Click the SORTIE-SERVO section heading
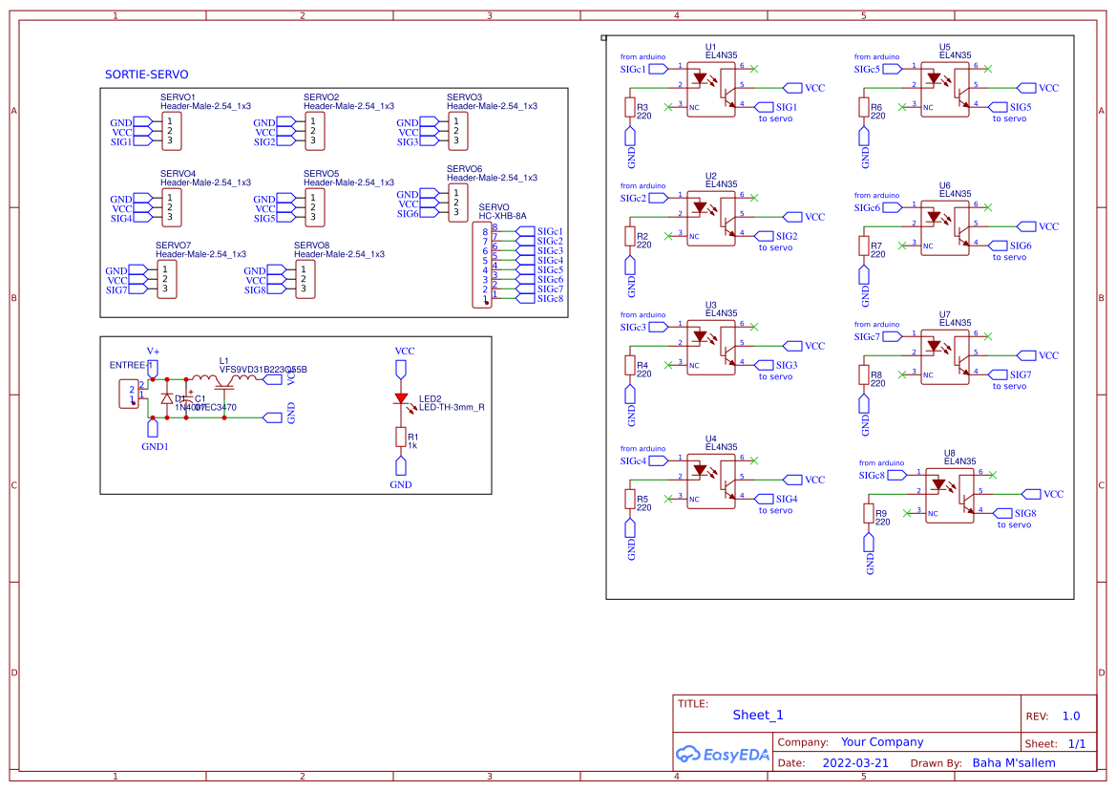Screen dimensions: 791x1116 coord(146,75)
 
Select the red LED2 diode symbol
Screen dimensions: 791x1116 coord(401,400)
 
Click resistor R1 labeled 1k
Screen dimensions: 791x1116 coord(401,437)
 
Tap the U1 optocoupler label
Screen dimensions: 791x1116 coord(710,47)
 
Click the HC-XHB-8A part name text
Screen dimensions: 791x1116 coord(502,217)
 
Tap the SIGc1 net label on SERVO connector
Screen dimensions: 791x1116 coord(549,231)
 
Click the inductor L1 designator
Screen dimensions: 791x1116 coord(224,361)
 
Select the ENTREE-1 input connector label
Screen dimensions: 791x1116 coord(132,366)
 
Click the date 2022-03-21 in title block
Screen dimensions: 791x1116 coord(854,763)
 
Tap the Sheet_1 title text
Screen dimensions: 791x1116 coord(758,715)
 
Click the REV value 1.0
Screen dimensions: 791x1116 coord(1071,716)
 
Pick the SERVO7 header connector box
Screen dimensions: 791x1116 coord(165,280)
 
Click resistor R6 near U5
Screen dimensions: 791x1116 coord(864,108)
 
